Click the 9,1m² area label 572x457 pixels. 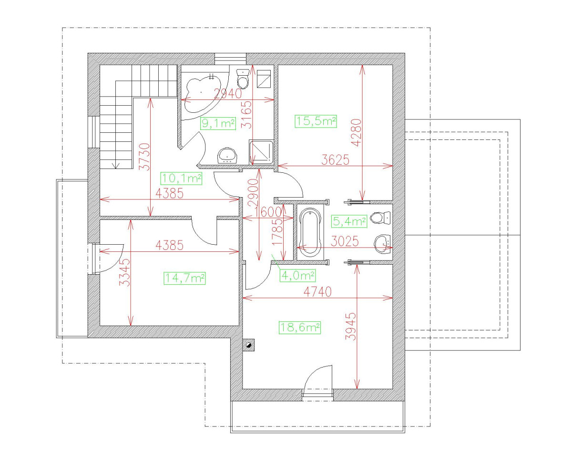click(x=218, y=124)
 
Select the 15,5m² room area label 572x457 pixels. click(x=316, y=121)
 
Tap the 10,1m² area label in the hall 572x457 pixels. click(x=182, y=179)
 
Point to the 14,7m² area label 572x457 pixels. click(x=184, y=278)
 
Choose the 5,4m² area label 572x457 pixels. click(x=348, y=220)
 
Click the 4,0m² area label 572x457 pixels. click(x=297, y=275)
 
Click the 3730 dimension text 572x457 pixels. click(x=145, y=157)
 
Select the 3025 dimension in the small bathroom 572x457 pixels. click(x=345, y=241)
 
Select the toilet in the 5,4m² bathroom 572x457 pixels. click(x=379, y=218)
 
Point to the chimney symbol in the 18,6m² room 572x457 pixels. click(x=249, y=344)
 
